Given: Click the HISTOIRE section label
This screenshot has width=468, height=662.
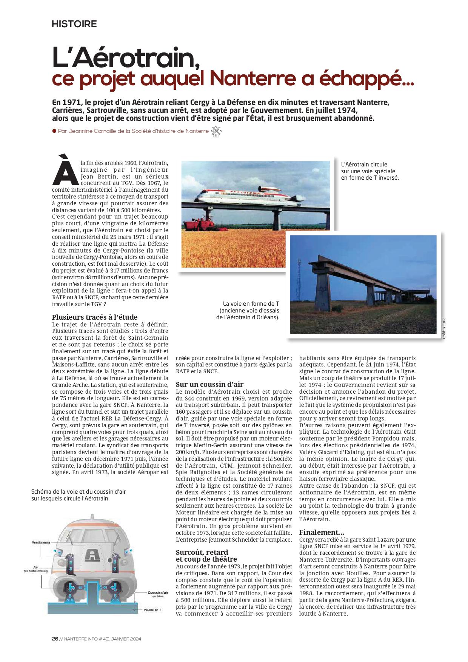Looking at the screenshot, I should (74, 24).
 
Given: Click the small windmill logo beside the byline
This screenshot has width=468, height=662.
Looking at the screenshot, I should (216, 131).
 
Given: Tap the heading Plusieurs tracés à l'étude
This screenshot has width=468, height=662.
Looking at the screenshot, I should (95, 317).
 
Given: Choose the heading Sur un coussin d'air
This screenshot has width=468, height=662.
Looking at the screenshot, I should (209, 384).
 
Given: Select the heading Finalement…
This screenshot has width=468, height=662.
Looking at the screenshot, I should (322, 532).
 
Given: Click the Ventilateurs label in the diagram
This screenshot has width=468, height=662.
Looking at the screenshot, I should (41, 542).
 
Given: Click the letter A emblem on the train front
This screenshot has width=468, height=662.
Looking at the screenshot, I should (91, 554).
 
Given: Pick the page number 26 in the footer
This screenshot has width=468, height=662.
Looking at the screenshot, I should (55, 639).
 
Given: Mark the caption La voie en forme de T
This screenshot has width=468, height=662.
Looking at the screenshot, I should (251, 303).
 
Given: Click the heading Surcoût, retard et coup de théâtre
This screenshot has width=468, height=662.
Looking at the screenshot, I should (206, 556).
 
